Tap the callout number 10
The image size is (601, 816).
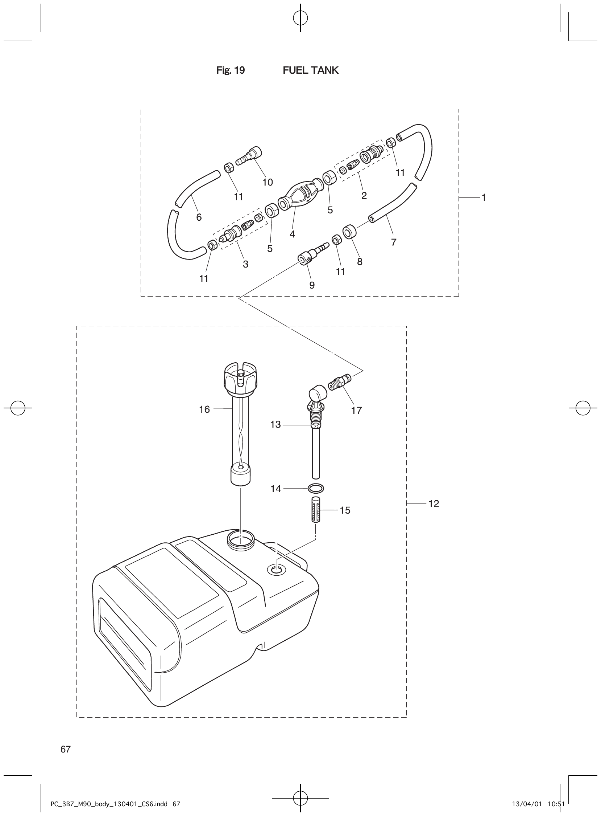pyautogui.click(x=268, y=182)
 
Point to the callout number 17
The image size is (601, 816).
pyautogui.click(x=357, y=411)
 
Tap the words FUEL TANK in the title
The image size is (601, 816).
pyautogui.click(x=310, y=70)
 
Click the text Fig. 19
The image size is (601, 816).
pyautogui.click(x=231, y=70)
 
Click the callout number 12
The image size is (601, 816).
pyautogui.click(x=434, y=504)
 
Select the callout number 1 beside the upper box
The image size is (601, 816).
pyautogui.click(x=484, y=197)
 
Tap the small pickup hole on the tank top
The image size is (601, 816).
pyautogui.click(x=277, y=570)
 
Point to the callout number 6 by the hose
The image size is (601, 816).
pyautogui.click(x=199, y=217)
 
